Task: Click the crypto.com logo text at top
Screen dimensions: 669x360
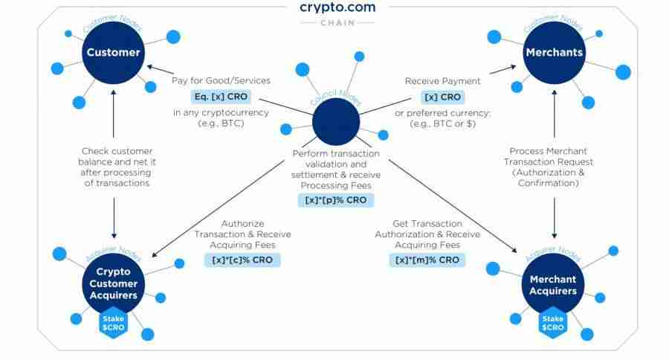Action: [x=337, y=7]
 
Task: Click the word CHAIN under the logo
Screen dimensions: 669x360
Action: [x=337, y=22]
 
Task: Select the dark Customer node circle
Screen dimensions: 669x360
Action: [x=114, y=53]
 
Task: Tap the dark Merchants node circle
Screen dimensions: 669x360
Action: [x=555, y=53]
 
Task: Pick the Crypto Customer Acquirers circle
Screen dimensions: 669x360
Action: [x=114, y=283]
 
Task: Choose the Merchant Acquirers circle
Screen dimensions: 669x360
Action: [x=553, y=284]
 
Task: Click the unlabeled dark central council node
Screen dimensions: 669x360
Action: [x=336, y=122]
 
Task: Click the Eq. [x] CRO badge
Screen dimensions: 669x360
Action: [x=221, y=97]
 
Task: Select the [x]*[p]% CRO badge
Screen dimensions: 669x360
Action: [x=336, y=200]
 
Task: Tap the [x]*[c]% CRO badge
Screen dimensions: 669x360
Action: [x=242, y=260]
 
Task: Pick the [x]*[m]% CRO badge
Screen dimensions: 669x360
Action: [x=427, y=260]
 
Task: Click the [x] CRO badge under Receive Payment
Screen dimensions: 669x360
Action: [x=442, y=97]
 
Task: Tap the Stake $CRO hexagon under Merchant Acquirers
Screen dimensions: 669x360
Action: [x=553, y=323]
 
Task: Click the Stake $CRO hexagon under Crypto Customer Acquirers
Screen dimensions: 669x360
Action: [x=113, y=323]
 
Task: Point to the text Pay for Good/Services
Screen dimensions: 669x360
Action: [x=221, y=81]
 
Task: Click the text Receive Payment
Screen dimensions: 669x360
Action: [x=442, y=81]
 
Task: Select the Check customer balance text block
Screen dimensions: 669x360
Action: [x=117, y=167]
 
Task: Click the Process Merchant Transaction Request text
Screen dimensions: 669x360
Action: [x=549, y=167]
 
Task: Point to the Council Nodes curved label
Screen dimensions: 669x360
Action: [x=335, y=97]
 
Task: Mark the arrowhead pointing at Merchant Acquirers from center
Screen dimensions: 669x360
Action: [x=514, y=250]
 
